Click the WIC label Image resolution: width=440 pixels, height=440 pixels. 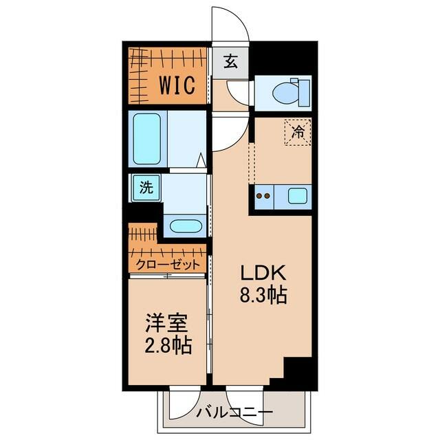point(177,85)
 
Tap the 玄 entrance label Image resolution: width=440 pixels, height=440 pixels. point(231,62)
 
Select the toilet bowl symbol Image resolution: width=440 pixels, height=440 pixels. point(286,93)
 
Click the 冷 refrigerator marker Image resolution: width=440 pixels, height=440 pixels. point(298,131)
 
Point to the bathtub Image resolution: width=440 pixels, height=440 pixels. point(146,139)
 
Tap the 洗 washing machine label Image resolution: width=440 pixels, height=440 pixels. point(146,187)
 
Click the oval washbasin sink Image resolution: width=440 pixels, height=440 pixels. point(186,226)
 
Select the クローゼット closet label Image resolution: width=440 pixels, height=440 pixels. point(168,264)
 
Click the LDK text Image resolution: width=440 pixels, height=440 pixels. point(263,272)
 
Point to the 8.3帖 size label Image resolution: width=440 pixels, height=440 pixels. point(263,295)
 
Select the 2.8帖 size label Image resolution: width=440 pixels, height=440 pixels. point(168,345)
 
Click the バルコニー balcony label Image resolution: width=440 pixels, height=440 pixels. point(234,412)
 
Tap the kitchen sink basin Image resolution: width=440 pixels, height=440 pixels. point(298,196)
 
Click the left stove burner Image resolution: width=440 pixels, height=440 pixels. point(259,196)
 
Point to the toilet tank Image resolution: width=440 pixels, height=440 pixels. point(304,93)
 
